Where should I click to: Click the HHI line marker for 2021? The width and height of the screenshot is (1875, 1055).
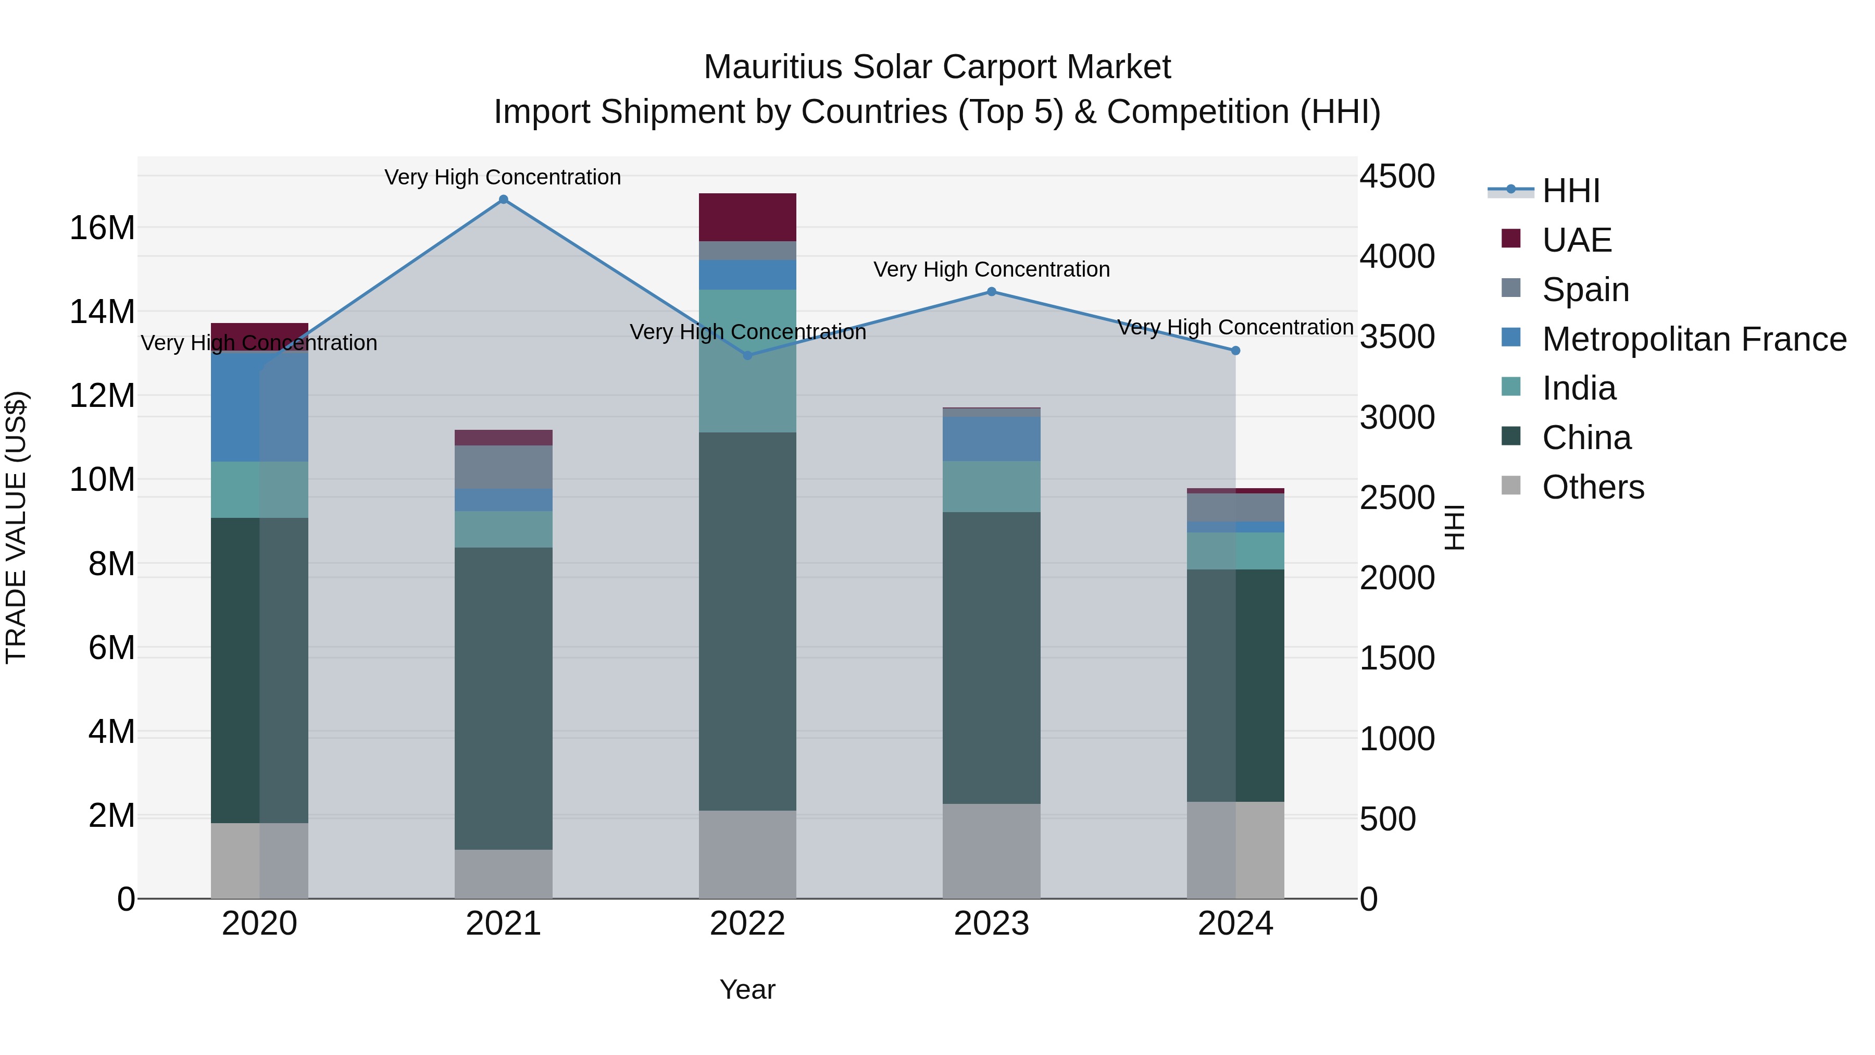pyautogui.click(x=503, y=200)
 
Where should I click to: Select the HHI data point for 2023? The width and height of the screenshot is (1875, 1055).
pyautogui.click(x=991, y=292)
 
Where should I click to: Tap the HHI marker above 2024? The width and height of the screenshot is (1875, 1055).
pyautogui.click(x=1235, y=351)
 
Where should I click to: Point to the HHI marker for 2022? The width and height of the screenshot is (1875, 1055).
pyautogui.click(x=747, y=355)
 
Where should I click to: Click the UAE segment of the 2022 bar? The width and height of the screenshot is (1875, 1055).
pyautogui.click(x=747, y=217)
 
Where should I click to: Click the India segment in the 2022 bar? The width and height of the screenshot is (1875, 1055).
pyautogui.click(x=747, y=361)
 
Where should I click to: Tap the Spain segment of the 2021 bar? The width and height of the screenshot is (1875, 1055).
pyautogui.click(x=503, y=467)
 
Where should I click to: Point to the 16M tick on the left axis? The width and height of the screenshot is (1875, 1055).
pyautogui.click(x=102, y=228)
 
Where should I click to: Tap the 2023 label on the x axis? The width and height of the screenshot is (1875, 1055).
pyautogui.click(x=991, y=924)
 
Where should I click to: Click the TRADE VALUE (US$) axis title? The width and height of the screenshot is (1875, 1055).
pyautogui.click(x=16, y=527)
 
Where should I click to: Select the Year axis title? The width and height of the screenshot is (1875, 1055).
pyautogui.click(x=747, y=989)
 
